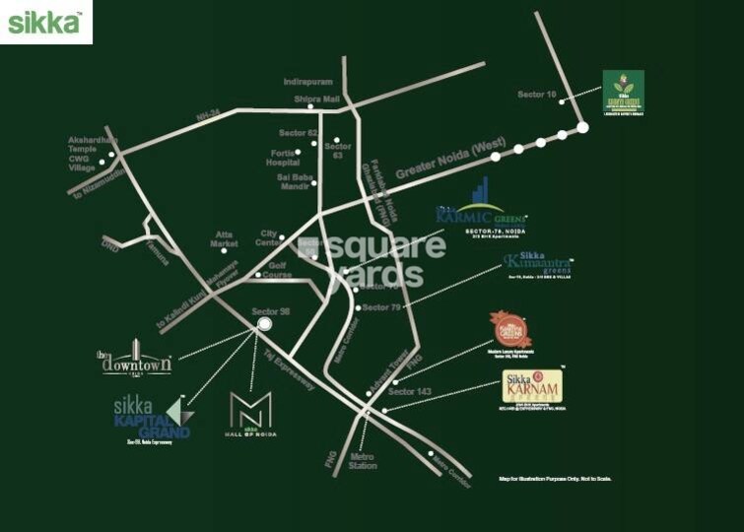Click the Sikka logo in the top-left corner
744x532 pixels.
point(44,22)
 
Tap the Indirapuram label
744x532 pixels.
point(304,82)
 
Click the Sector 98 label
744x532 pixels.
point(270,311)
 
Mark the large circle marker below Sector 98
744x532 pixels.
point(264,328)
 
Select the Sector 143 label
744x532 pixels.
point(409,392)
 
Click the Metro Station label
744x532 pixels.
point(362,461)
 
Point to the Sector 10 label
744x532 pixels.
point(537,95)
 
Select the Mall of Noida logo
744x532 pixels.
point(244,415)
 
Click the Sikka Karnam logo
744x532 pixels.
point(532,388)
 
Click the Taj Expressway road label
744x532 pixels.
point(288,367)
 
